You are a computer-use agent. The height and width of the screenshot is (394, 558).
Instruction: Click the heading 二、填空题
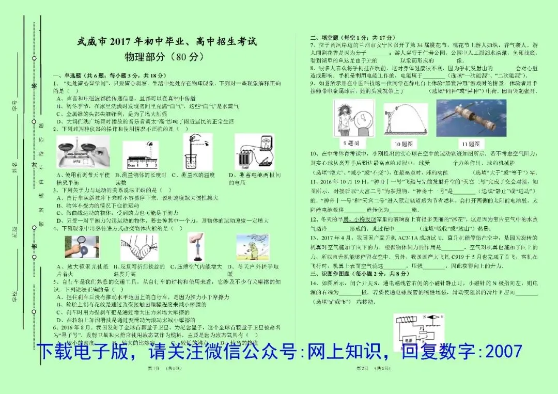click(326, 38)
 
